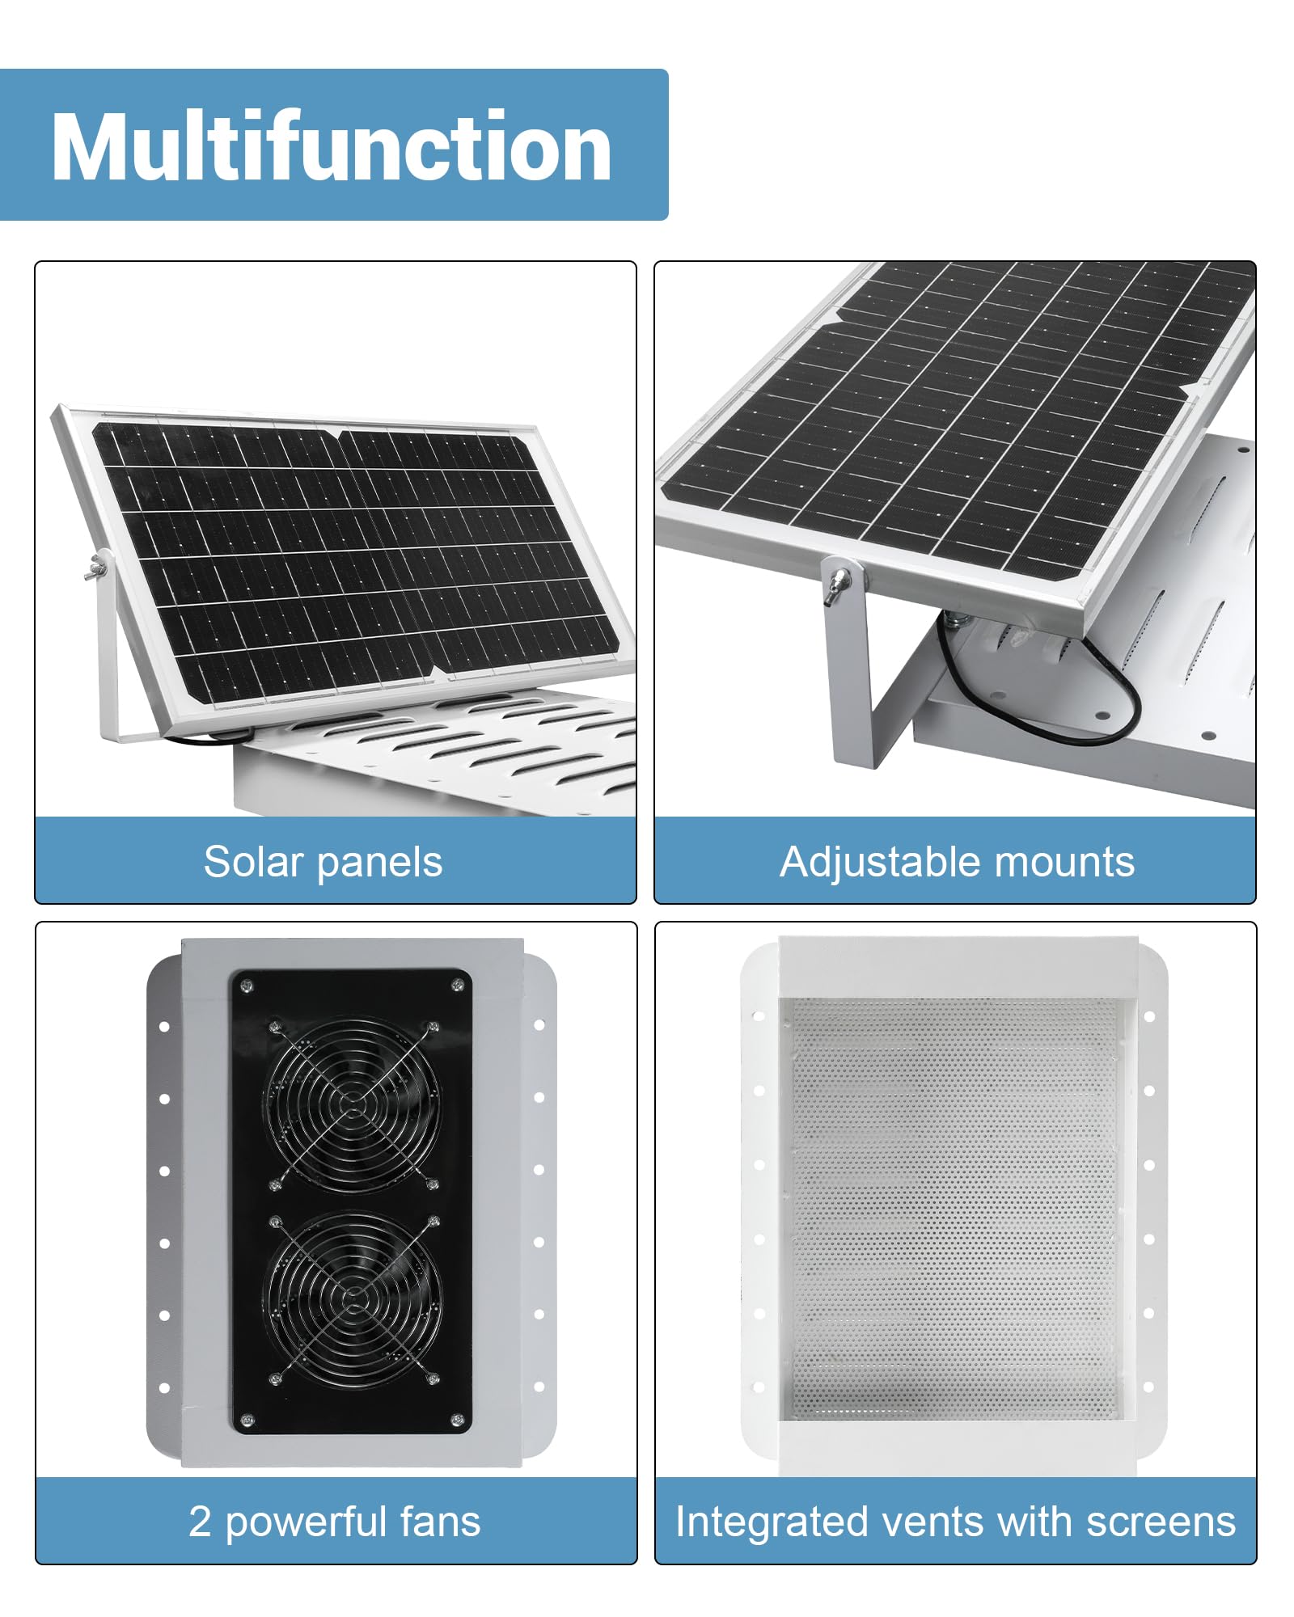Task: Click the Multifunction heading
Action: click(x=332, y=146)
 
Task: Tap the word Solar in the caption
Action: click(x=253, y=861)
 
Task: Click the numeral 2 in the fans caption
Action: click(x=200, y=1522)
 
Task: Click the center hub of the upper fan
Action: click(x=353, y=1104)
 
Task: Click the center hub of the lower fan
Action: click(x=354, y=1299)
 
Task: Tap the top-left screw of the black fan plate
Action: click(x=247, y=985)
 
